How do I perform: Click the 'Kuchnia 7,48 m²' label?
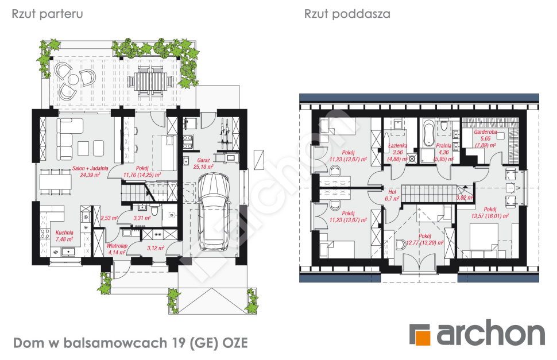pos(64,235)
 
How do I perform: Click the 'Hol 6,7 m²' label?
pos(393,195)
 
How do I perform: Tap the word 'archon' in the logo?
pos(490,334)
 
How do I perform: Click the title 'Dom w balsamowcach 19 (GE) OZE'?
pos(130,343)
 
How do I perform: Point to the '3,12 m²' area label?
pos(156,248)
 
